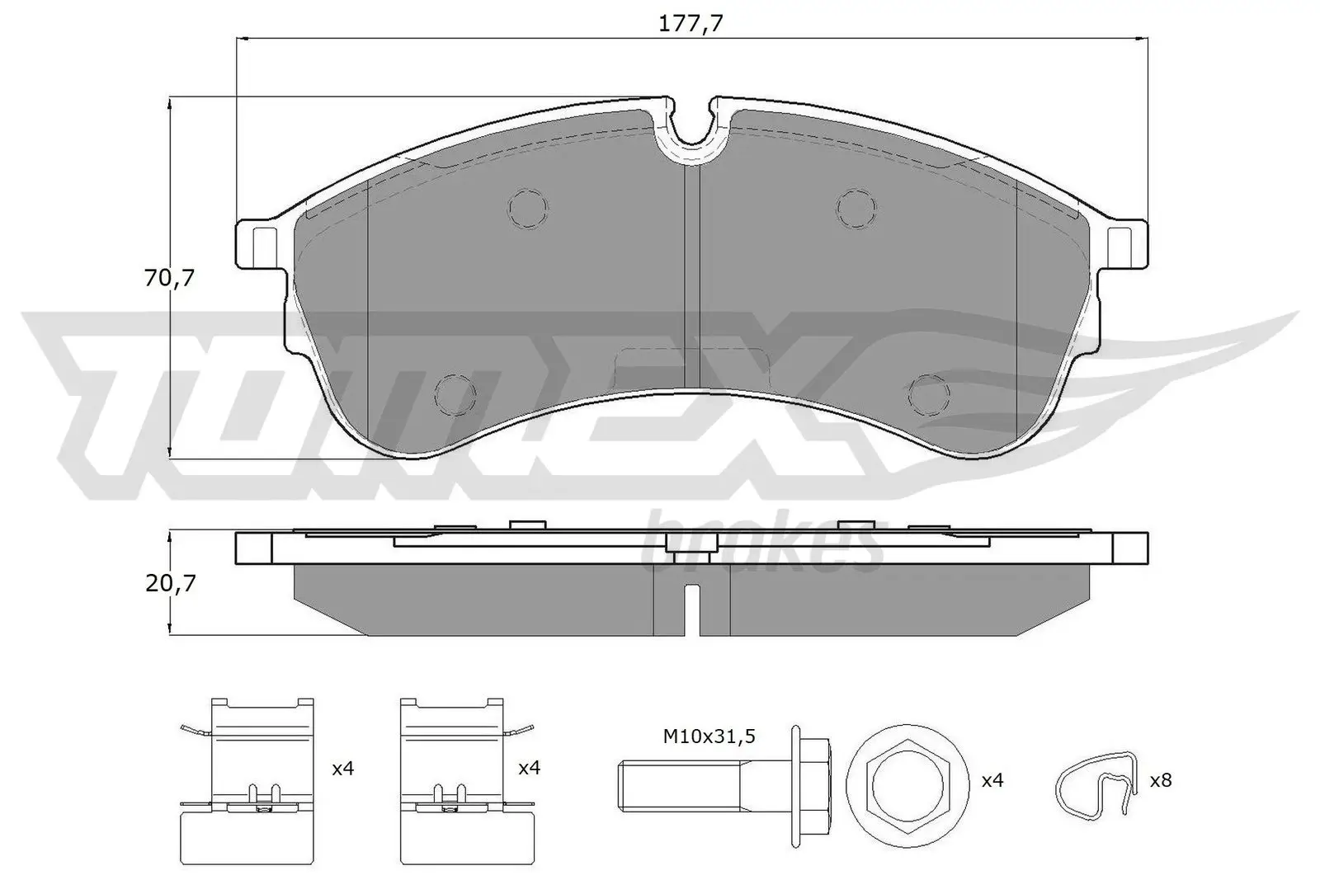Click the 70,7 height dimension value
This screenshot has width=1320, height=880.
pos(169,279)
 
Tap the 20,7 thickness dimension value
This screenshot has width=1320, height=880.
pos(170,583)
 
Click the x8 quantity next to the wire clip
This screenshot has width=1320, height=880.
pos(1160,779)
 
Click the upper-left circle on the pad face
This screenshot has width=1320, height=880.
pos(527,207)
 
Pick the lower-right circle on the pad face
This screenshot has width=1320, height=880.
pos(929,393)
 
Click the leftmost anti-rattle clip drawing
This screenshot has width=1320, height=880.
pos(247,779)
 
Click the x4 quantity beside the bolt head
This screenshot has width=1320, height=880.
pos(992,779)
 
